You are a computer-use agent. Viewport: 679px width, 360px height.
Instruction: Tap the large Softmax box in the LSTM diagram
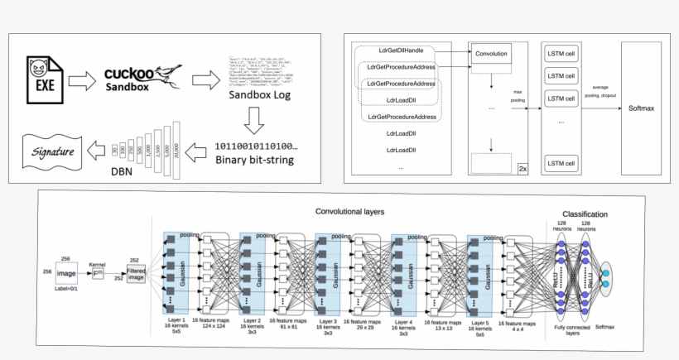click(x=642, y=108)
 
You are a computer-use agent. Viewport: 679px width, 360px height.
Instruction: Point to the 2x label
click(x=522, y=168)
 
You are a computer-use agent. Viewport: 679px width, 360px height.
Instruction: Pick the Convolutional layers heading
click(x=349, y=212)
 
